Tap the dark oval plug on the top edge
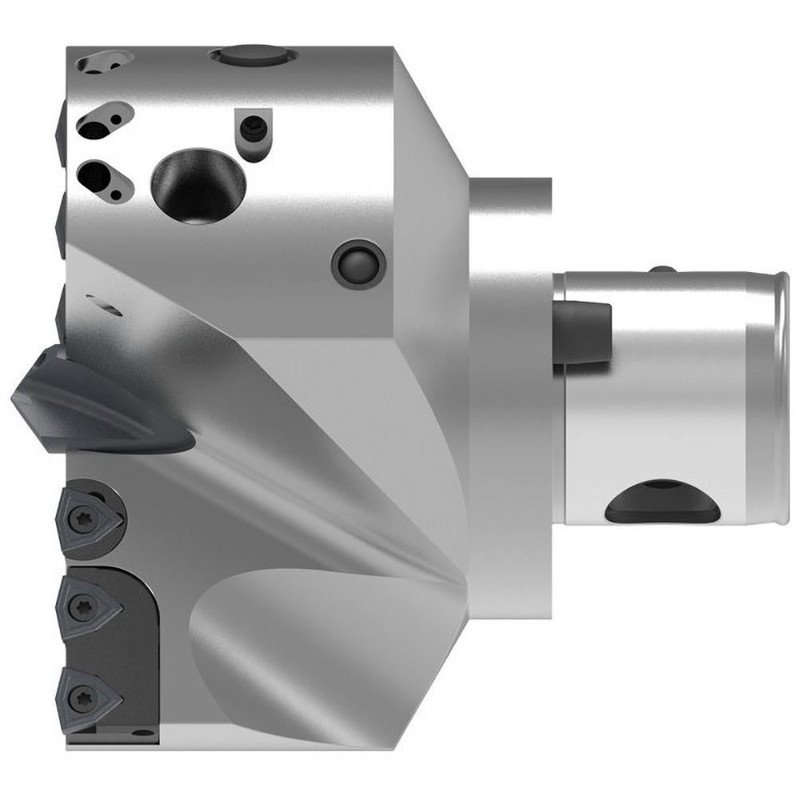coord(251,57)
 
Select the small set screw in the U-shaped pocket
coord(254,128)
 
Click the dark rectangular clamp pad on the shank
coord(582,332)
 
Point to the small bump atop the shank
coord(661,269)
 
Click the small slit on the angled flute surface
coord(106,306)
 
